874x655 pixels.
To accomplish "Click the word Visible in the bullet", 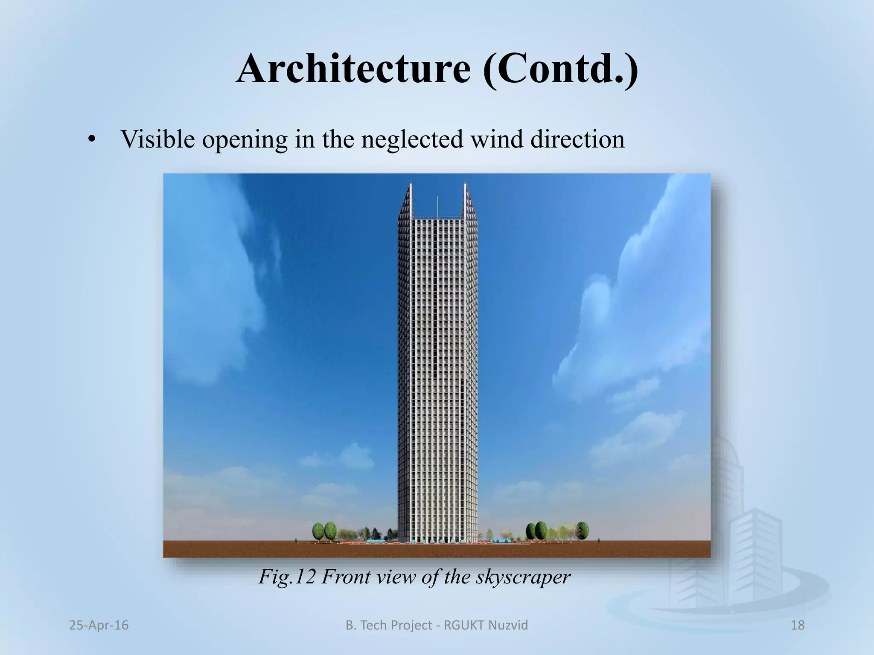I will (x=157, y=139).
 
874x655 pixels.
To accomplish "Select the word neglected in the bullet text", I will (x=412, y=139).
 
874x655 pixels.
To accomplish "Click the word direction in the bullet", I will (x=577, y=139).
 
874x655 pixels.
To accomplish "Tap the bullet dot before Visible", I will (x=90, y=141).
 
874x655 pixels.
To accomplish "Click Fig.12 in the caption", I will (x=286, y=577).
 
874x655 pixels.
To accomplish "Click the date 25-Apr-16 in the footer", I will (x=99, y=625).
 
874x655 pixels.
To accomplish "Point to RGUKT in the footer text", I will (x=463, y=625).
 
